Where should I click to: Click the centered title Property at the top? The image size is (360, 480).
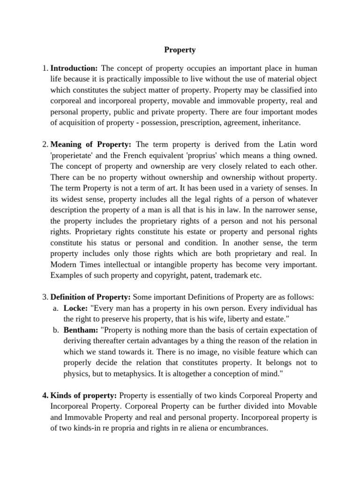pyautogui.click(x=180, y=49)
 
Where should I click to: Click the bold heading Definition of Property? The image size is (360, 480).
pyautogui.click(x=91, y=297)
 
